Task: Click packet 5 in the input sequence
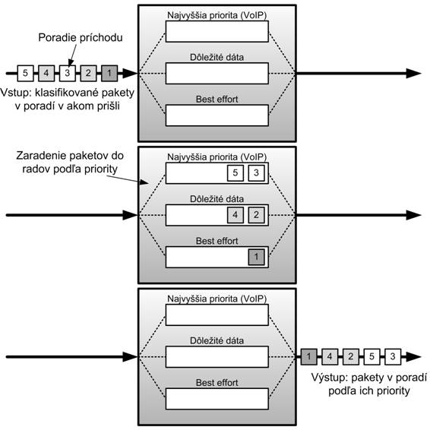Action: pyautogui.click(x=26, y=73)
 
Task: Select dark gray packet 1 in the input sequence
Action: pyautogui.click(x=109, y=73)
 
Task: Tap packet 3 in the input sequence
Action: pyautogui.click(x=68, y=73)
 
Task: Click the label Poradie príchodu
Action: pyautogui.click(x=81, y=37)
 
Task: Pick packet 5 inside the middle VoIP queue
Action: pyautogui.click(x=236, y=173)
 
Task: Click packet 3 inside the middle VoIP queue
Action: pyautogui.click(x=257, y=173)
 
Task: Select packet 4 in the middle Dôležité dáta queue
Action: pyautogui.click(x=236, y=215)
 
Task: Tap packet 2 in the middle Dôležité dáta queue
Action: pyautogui.click(x=257, y=215)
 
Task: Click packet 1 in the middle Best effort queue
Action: pyautogui.click(x=257, y=257)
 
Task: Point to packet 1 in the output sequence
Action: pyautogui.click(x=308, y=357)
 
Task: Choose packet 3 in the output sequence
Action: pyautogui.click(x=393, y=357)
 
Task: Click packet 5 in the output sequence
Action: pyautogui.click(x=372, y=357)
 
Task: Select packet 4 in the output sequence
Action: pyautogui.click(x=330, y=357)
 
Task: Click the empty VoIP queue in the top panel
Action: pyautogui.click(x=217, y=32)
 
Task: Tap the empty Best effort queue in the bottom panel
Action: pyautogui.click(x=217, y=399)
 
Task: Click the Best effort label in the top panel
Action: pyautogui.click(x=217, y=100)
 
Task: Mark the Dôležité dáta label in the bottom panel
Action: pyautogui.click(x=217, y=340)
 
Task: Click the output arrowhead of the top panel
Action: pyautogui.click(x=413, y=73)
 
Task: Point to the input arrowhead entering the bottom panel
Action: pyautogui.click(x=130, y=357)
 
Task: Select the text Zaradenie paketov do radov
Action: pyautogui.click(x=70, y=162)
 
